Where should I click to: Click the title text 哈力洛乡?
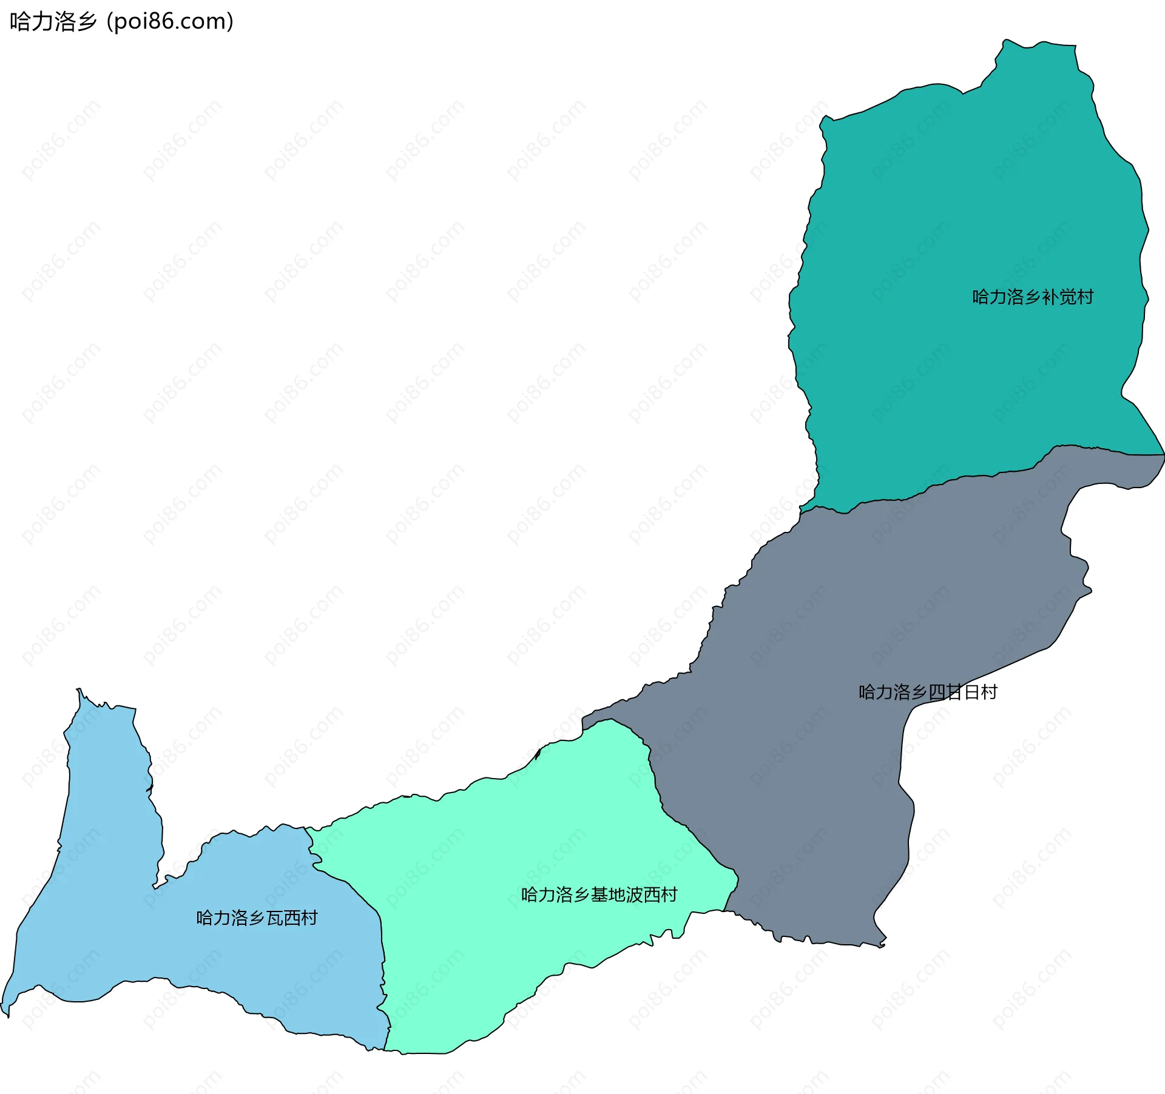(53, 21)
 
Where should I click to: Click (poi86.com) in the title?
(170, 21)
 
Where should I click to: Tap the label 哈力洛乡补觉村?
(1033, 297)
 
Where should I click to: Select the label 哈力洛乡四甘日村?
(928, 692)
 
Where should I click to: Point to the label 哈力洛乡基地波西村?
(599, 895)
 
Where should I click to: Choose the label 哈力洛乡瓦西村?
(257, 918)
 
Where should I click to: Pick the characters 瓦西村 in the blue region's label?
(292, 918)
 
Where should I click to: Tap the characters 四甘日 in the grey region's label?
(953, 692)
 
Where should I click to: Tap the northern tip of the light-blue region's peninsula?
(78, 690)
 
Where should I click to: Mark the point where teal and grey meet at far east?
(1163, 454)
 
